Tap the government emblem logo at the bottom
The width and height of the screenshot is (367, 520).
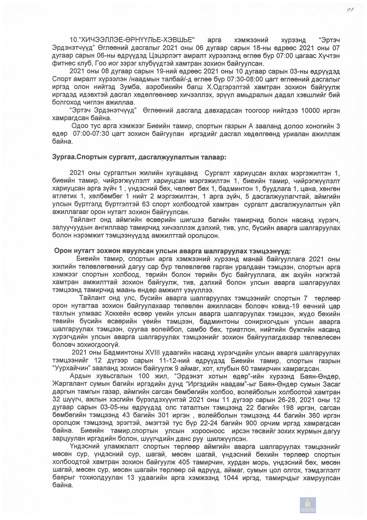tap(308, 505)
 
